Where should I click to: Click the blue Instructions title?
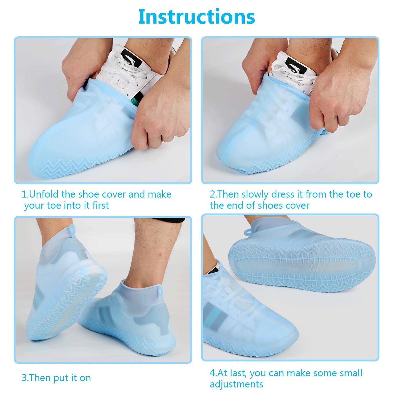(x=196, y=17)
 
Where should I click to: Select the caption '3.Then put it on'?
(x=56, y=378)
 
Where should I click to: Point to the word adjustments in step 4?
(x=236, y=384)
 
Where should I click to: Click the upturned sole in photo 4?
(x=301, y=265)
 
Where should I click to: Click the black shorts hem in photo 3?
(x=168, y=220)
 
